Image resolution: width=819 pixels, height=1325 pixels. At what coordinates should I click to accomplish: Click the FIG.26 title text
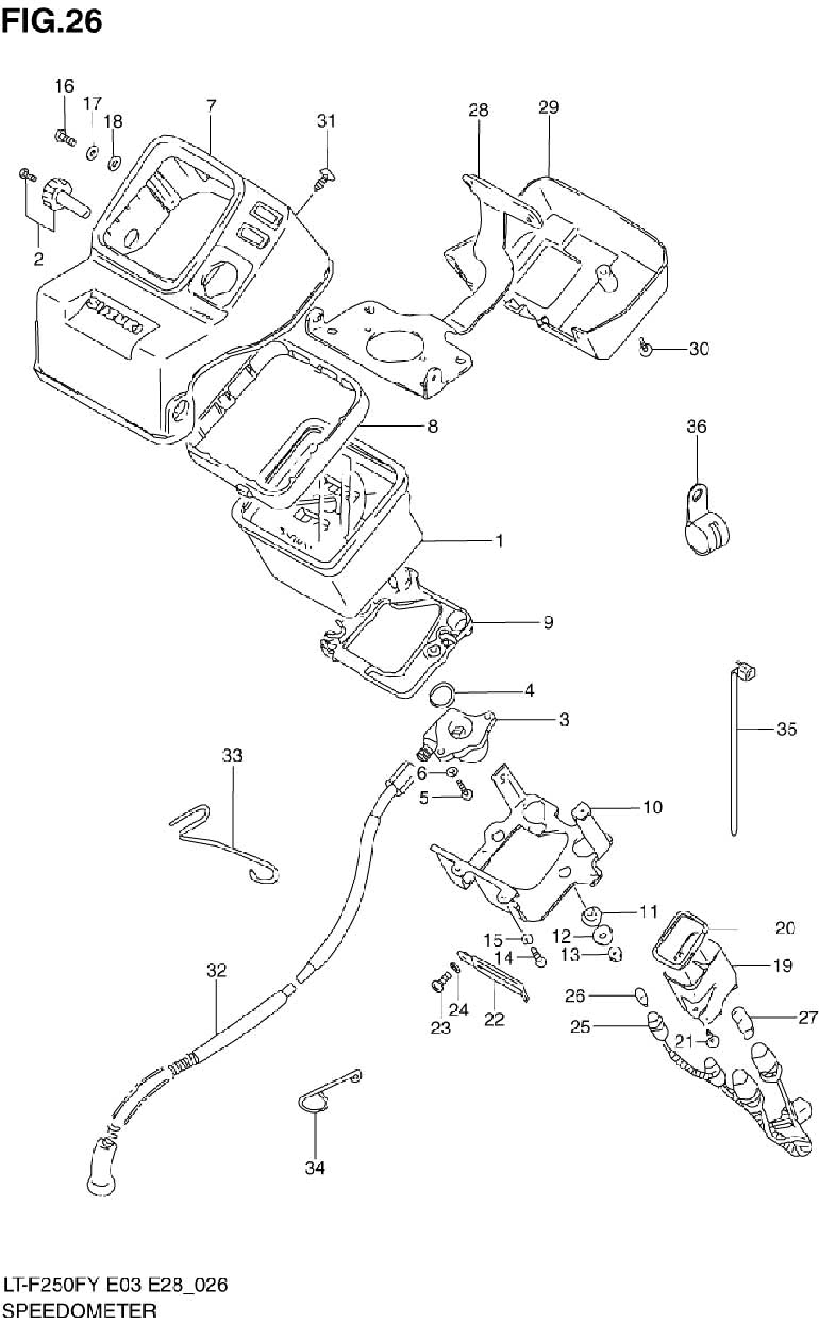(x=52, y=21)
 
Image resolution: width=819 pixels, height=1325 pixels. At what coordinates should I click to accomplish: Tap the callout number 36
(x=696, y=426)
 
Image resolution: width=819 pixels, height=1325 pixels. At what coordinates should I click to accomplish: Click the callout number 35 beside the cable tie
(x=786, y=730)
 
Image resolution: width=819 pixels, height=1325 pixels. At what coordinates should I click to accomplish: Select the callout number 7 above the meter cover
(x=211, y=106)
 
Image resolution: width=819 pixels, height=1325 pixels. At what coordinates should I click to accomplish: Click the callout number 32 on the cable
(x=216, y=970)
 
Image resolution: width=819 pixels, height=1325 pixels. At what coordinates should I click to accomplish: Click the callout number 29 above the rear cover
(x=549, y=107)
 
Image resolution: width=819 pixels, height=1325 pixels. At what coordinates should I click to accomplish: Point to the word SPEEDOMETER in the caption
(x=79, y=1310)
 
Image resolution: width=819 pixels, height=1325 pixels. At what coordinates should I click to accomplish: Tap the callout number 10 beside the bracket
(x=652, y=807)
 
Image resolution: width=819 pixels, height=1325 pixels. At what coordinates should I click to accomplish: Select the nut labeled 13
(x=615, y=954)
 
